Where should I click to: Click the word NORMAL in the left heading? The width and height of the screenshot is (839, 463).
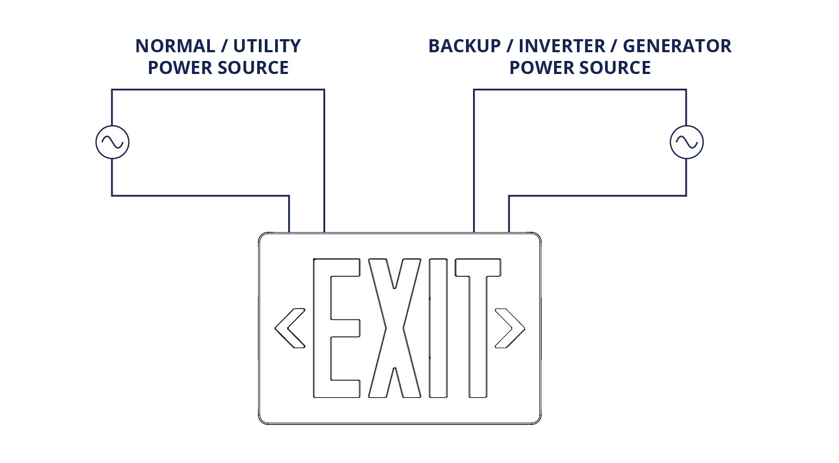(175, 46)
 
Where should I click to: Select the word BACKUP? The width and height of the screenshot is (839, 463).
(464, 46)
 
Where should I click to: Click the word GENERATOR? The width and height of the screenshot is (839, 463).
(677, 46)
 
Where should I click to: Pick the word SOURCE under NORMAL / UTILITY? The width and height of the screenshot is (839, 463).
(253, 68)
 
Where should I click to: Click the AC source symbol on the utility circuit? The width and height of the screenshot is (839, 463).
(112, 143)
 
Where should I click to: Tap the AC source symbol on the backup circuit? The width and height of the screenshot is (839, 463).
(686, 143)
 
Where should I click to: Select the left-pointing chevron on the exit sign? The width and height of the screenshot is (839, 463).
(289, 328)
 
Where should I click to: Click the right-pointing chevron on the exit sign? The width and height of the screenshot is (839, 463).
(510, 328)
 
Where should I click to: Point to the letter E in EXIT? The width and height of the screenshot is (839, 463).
(335, 328)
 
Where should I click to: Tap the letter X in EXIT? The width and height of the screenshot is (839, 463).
(394, 328)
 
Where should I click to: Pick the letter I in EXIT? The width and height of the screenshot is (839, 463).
(438, 328)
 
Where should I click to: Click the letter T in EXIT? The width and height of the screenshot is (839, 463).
(478, 328)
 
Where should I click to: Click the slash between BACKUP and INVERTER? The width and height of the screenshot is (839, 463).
(509, 46)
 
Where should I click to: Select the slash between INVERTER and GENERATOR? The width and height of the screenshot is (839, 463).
(614, 46)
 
